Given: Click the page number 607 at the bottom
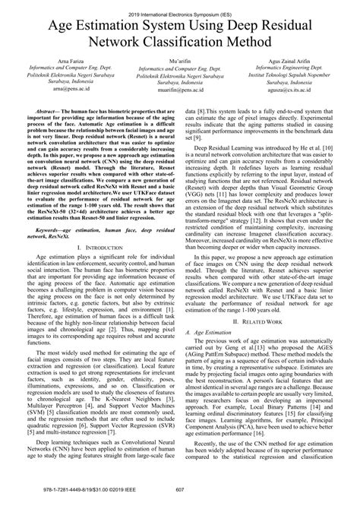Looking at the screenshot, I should coord(180,498).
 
